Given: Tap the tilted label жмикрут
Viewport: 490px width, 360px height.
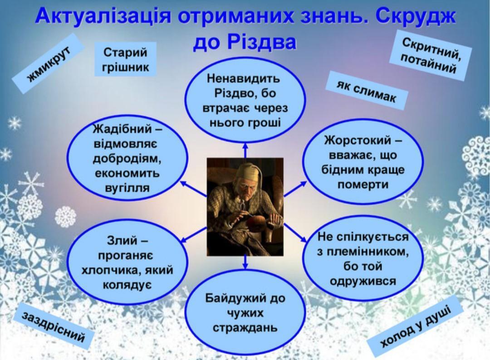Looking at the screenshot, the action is tap(49, 63).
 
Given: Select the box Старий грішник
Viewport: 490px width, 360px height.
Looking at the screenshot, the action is tap(125, 59).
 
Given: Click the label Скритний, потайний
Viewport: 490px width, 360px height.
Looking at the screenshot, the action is tap(431, 56).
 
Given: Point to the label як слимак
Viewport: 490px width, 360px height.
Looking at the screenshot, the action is tap(367, 90).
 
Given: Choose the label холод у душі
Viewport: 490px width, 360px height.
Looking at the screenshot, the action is tap(415, 326).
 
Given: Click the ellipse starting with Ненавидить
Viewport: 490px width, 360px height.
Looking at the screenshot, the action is tap(245, 101).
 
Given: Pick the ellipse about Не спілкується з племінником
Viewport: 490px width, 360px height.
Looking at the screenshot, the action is tap(363, 259).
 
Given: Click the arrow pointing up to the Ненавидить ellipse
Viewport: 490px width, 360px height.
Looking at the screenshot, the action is tap(245, 150).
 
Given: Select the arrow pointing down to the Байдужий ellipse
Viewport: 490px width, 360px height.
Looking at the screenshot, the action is tap(245, 262).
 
